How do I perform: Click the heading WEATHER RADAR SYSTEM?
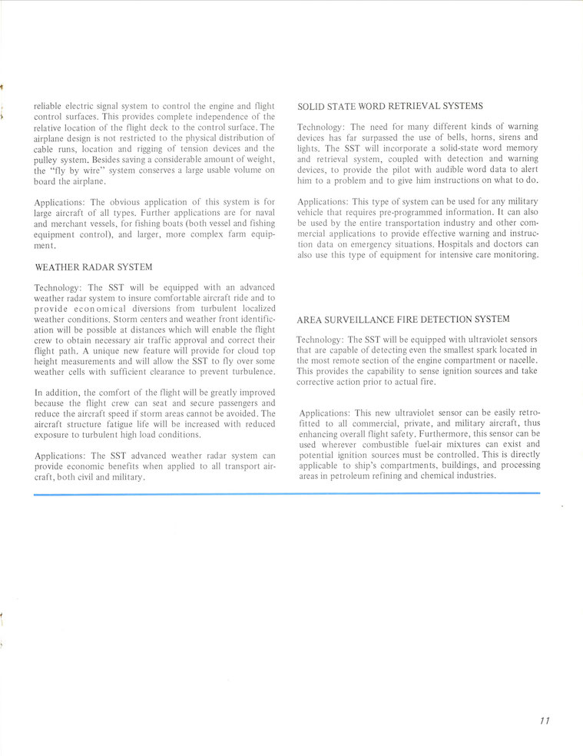pyautogui.click(x=93, y=267)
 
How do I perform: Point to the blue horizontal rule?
pyautogui.click(x=287, y=494)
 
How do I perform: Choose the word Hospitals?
pyautogui.click(x=459, y=244)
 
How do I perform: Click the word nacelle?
pyautogui.click(x=519, y=360)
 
